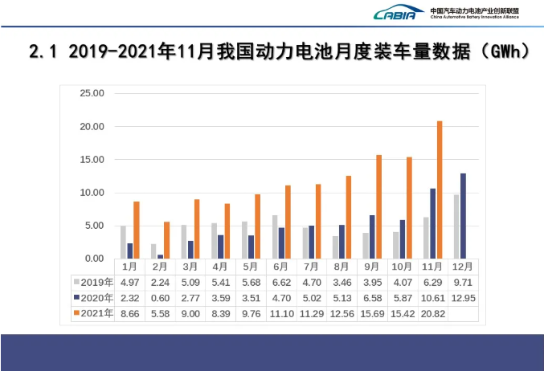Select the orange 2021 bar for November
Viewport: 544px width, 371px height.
[440, 190]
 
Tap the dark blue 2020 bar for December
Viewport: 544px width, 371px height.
[462, 216]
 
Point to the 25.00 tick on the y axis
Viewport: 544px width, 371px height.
[92, 93]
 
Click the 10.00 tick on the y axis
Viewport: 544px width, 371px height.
[92, 193]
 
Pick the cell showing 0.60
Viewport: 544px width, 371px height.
[159, 298]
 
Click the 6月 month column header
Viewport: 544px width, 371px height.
[280, 266]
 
